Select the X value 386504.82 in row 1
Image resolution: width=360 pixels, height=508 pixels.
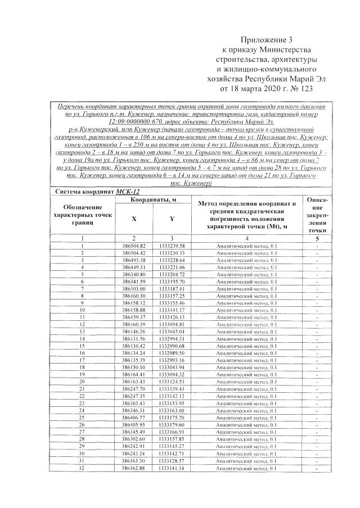[134, 246]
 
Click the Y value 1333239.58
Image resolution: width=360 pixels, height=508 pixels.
[172, 246]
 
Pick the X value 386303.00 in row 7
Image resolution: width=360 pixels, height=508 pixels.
[134, 288]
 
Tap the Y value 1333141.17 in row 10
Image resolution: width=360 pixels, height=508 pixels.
[172, 309]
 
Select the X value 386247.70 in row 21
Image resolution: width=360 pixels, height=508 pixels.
[134, 388]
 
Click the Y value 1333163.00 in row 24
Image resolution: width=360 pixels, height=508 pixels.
[172, 409]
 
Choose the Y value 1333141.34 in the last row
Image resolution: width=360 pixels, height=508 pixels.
[172, 468]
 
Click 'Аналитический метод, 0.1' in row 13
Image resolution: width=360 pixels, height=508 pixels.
[247, 330]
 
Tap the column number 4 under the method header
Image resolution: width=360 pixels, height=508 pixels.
[247, 238]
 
